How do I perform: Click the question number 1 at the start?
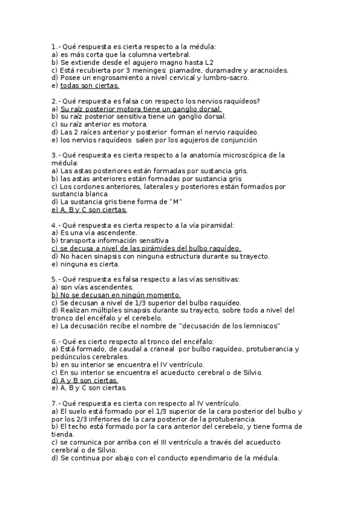[x=54, y=46]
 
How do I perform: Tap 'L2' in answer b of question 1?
[x=207, y=62]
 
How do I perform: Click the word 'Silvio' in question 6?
[x=249, y=372]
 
